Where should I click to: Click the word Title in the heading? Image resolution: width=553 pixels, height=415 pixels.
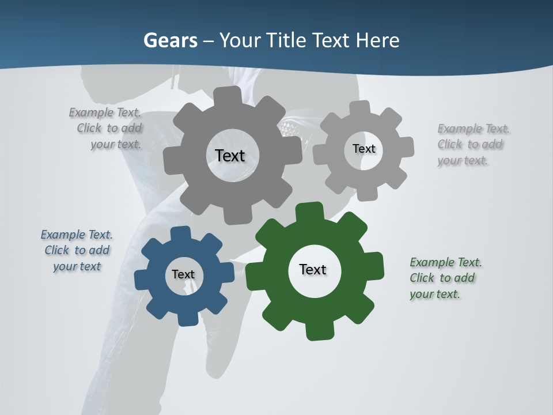point(287,40)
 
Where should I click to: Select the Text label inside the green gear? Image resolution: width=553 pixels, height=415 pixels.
point(313,269)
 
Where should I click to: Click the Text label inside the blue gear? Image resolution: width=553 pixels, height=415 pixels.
point(183,274)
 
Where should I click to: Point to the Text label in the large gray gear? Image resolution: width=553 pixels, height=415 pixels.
point(230,156)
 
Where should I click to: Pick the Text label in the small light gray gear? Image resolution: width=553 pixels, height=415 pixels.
point(363,149)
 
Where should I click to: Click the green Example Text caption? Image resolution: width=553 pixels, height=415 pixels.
point(445,278)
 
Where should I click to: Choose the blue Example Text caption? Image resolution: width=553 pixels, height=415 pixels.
point(77,250)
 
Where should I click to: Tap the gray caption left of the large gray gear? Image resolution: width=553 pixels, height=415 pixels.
point(106,128)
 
